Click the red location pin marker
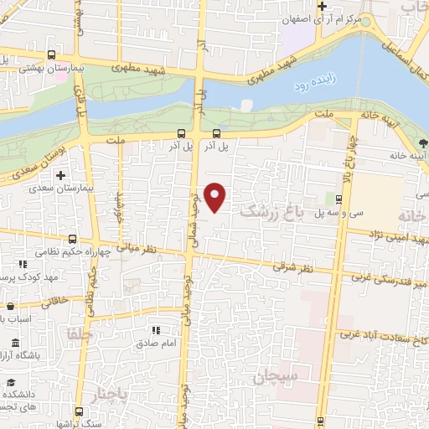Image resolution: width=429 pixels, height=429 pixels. point(216,197)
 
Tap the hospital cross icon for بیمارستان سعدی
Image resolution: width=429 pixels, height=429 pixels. point(60,177)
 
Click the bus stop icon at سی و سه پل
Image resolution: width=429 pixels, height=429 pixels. point(338,199)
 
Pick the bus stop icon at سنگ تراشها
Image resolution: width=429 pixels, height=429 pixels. point(79,411)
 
